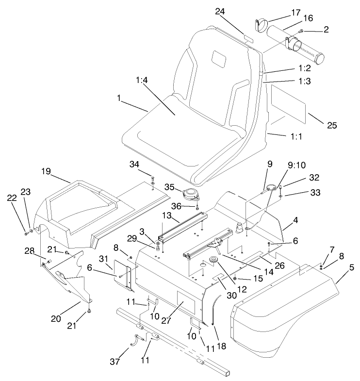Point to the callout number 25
(x=331, y=125)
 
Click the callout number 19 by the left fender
(x=46, y=171)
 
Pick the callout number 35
(x=169, y=186)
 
